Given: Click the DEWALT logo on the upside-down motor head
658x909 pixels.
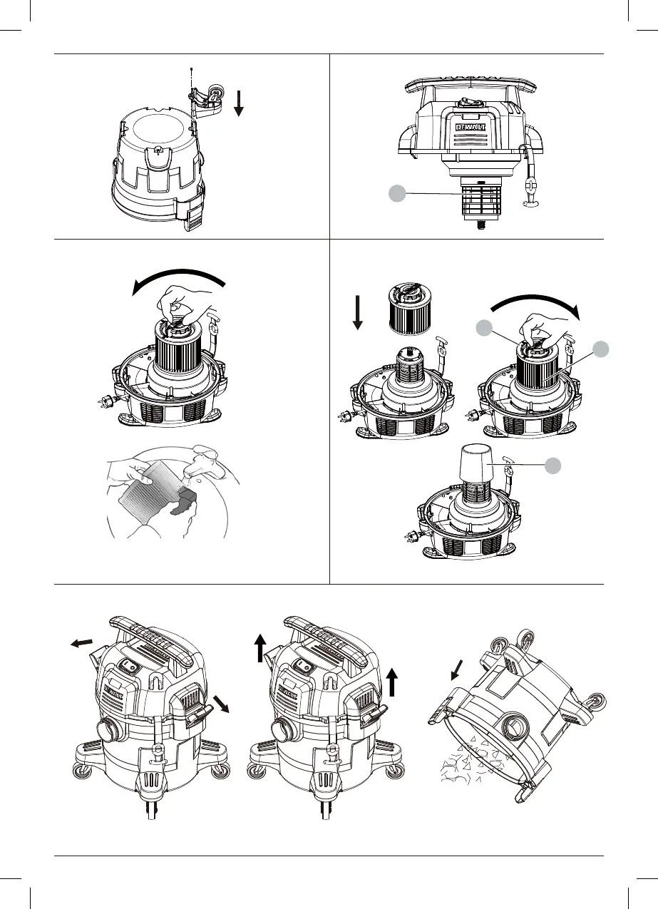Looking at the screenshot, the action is tap(471, 127).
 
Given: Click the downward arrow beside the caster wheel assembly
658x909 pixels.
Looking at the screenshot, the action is tap(239, 103).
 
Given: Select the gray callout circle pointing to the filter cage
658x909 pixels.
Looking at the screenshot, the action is tap(398, 193).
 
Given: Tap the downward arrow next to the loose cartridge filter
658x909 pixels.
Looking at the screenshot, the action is tap(357, 312).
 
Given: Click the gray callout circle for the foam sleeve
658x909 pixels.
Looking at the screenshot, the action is tap(552, 466).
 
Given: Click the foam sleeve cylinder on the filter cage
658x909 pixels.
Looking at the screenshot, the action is tap(475, 462).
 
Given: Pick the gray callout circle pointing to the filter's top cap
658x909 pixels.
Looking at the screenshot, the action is tap(484, 328).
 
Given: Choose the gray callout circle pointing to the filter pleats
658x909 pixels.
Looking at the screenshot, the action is tap(601, 349).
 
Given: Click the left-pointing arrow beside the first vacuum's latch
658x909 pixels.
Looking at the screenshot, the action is tap(81, 643).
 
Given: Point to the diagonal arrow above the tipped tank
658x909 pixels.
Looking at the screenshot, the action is tap(457, 670).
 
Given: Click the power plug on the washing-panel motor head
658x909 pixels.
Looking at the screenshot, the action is tap(106, 403).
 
